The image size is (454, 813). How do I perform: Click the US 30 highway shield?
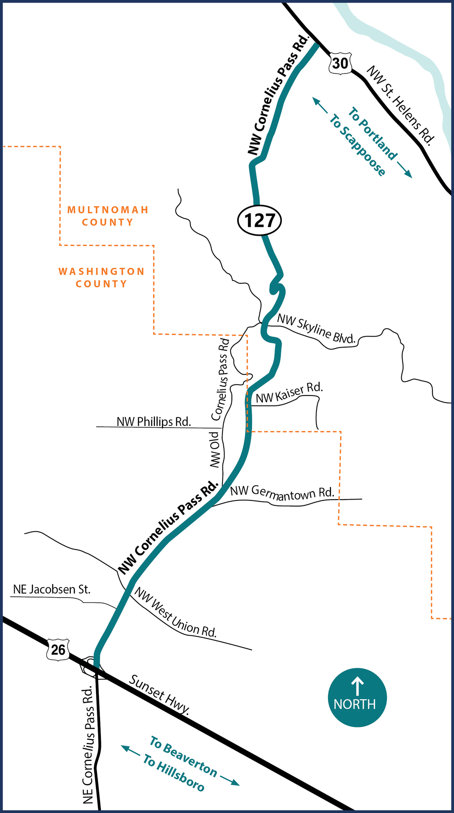(x=340, y=63)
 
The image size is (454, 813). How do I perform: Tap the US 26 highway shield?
(x=58, y=649)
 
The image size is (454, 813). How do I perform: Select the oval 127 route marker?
(x=260, y=220)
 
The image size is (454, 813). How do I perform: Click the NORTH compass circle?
(x=357, y=697)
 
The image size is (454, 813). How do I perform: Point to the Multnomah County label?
(x=108, y=216)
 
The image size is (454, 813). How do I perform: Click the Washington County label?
(x=102, y=277)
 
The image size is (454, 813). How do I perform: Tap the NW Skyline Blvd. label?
(x=316, y=328)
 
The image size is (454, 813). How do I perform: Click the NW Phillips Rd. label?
(x=154, y=422)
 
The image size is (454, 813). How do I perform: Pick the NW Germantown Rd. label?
(x=282, y=492)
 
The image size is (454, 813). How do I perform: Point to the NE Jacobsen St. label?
(x=52, y=589)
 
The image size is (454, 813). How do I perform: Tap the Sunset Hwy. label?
(x=159, y=694)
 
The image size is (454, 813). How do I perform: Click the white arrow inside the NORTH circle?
(x=357, y=686)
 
